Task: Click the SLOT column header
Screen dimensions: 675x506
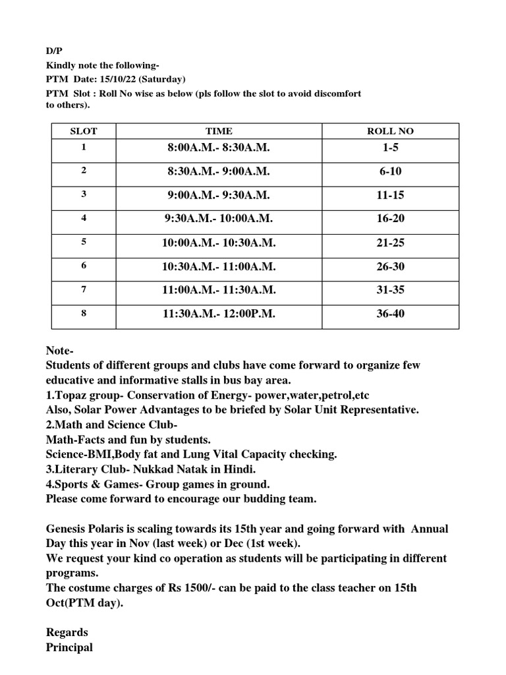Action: (x=84, y=131)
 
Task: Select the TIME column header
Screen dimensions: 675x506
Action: (x=219, y=131)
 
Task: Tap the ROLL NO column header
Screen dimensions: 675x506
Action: (x=390, y=131)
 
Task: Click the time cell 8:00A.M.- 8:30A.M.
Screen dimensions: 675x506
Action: (x=219, y=148)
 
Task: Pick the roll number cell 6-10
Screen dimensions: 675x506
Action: (x=390, y=171)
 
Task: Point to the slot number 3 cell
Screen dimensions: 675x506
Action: (x=84, y=194)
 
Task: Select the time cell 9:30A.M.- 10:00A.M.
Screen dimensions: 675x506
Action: (x=219, y=219)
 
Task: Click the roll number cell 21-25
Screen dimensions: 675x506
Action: (x=390, y=243)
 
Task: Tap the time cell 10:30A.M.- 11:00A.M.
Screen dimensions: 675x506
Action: (x=219, y=266)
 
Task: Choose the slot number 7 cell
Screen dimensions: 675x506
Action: (x=84, y=289)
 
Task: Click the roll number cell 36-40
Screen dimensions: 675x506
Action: (x=390, y=314)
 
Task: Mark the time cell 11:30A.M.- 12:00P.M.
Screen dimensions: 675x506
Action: (x=219, y=314)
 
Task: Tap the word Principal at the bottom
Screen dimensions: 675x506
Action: (x=69, y=647)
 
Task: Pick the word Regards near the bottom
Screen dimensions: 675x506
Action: (x=67, y=633)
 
